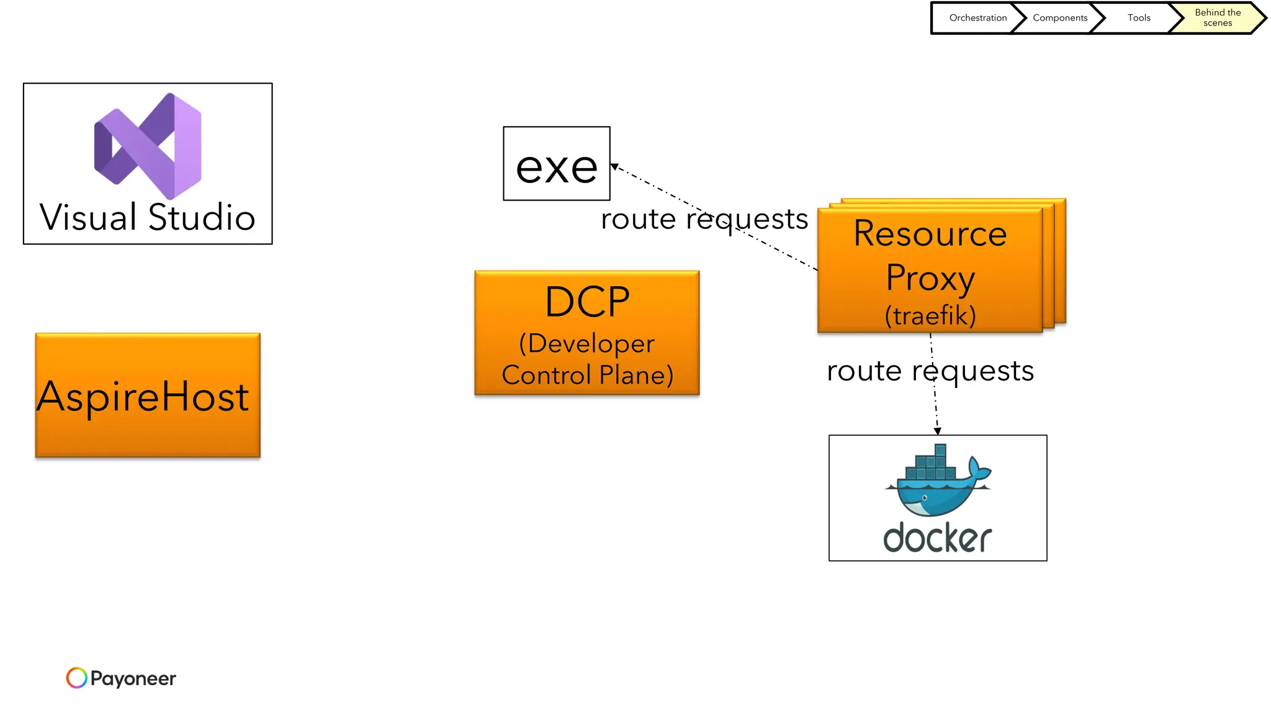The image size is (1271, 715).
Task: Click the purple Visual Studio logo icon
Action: [x=148, y=146]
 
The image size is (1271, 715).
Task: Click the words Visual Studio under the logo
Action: [x=148, y=218]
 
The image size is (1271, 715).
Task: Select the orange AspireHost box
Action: [x=148, y=395]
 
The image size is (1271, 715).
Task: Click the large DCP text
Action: [x=587, y=302]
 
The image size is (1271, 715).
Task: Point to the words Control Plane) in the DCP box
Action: [x=587, y=375]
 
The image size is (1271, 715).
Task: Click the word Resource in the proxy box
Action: [x=930, y=234]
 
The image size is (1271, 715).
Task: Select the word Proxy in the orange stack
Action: [x=930, y=277]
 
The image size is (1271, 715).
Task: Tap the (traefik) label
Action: [x=930, y=316]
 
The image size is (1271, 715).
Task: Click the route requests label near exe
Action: [x=704, y=219]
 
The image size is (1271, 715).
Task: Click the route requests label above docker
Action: [x=930, y=371]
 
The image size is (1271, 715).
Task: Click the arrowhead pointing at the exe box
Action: [x=614, y=166]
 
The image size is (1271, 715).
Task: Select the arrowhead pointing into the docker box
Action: [x=938, y=430]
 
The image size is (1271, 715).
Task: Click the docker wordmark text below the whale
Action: [x=938, y=538]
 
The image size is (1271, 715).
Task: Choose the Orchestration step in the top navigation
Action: [x=977, y=18]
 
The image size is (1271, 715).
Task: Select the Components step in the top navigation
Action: [x=1059, y=18]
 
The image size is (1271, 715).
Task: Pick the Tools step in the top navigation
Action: [x=1139, y=18]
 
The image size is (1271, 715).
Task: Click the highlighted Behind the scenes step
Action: [x=1217, y=18]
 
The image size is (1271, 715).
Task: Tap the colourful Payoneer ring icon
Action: [x=77, y=678]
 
